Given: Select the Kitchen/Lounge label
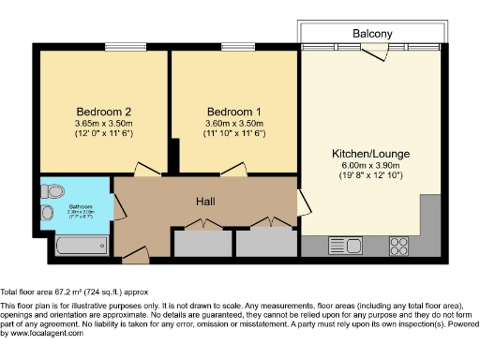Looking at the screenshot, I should pos(370,153).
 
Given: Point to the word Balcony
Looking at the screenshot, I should pos(372,34).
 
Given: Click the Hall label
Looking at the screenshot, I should pos(207,202).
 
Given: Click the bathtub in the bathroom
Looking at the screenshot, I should pos(80,246).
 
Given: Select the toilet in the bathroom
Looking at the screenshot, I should pos(53,191).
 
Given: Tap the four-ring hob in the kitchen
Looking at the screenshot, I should pos(398,246).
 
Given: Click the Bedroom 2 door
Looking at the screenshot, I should pos(147,171).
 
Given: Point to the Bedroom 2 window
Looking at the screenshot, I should pos(118,48).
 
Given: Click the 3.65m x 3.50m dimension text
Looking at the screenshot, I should pos(102,123).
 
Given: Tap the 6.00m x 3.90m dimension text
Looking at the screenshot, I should pos(371,164).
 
